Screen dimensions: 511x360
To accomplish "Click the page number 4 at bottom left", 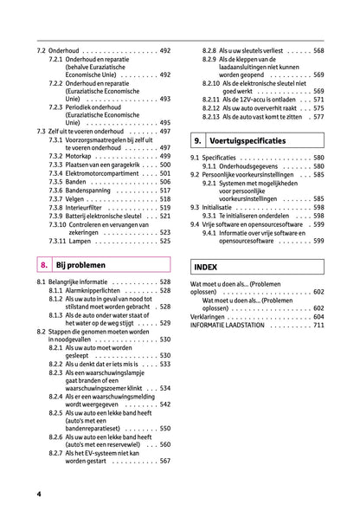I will [39, 493].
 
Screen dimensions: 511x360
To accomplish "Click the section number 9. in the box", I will [198, 139].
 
